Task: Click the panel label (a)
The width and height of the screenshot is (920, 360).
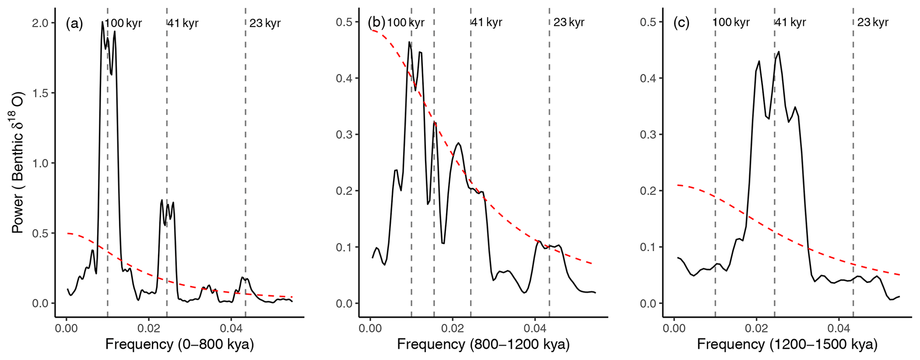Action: tap(74, 23)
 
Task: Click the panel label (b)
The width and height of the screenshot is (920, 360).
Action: tap(376, 22)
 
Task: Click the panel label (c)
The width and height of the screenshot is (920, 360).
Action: tap(681, 22)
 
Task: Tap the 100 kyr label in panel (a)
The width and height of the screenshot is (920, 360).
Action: tap(123, 23)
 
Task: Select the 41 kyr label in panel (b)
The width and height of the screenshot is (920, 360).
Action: tap(486, 22)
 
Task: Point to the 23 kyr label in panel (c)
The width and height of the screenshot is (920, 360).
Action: tap(873, 22)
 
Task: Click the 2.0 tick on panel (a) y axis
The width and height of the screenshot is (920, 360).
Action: tap(41, 23)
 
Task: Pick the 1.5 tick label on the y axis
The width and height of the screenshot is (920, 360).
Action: tap(41, 93)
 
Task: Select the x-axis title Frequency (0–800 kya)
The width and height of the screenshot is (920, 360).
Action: tap(179, 345)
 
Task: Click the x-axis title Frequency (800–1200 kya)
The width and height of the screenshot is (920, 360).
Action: tap(483, 345)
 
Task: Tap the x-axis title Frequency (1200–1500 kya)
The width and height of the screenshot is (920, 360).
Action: tap(787, 345)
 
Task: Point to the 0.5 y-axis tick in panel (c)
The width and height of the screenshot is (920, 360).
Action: tap(648, 22)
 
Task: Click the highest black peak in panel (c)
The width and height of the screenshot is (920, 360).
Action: tap(778, 52)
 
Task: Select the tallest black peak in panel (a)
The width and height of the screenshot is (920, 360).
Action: tap(102, 22)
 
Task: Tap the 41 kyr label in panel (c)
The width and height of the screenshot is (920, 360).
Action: tap(790, 22)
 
